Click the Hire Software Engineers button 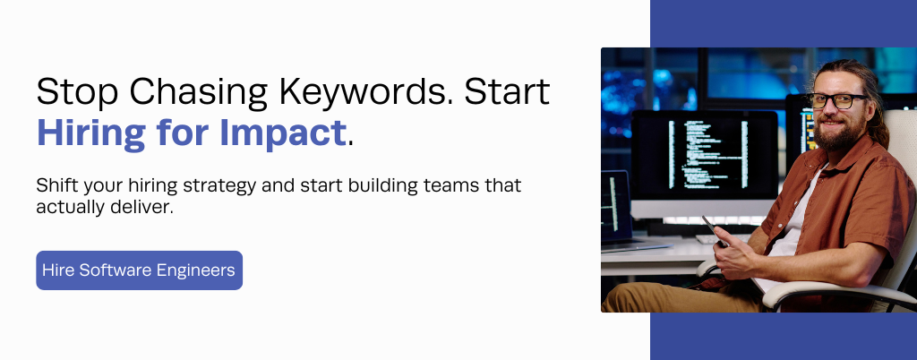[x=139, y=270]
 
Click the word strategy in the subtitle [x=220, y=186]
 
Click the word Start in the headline [x=507, y=91]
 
